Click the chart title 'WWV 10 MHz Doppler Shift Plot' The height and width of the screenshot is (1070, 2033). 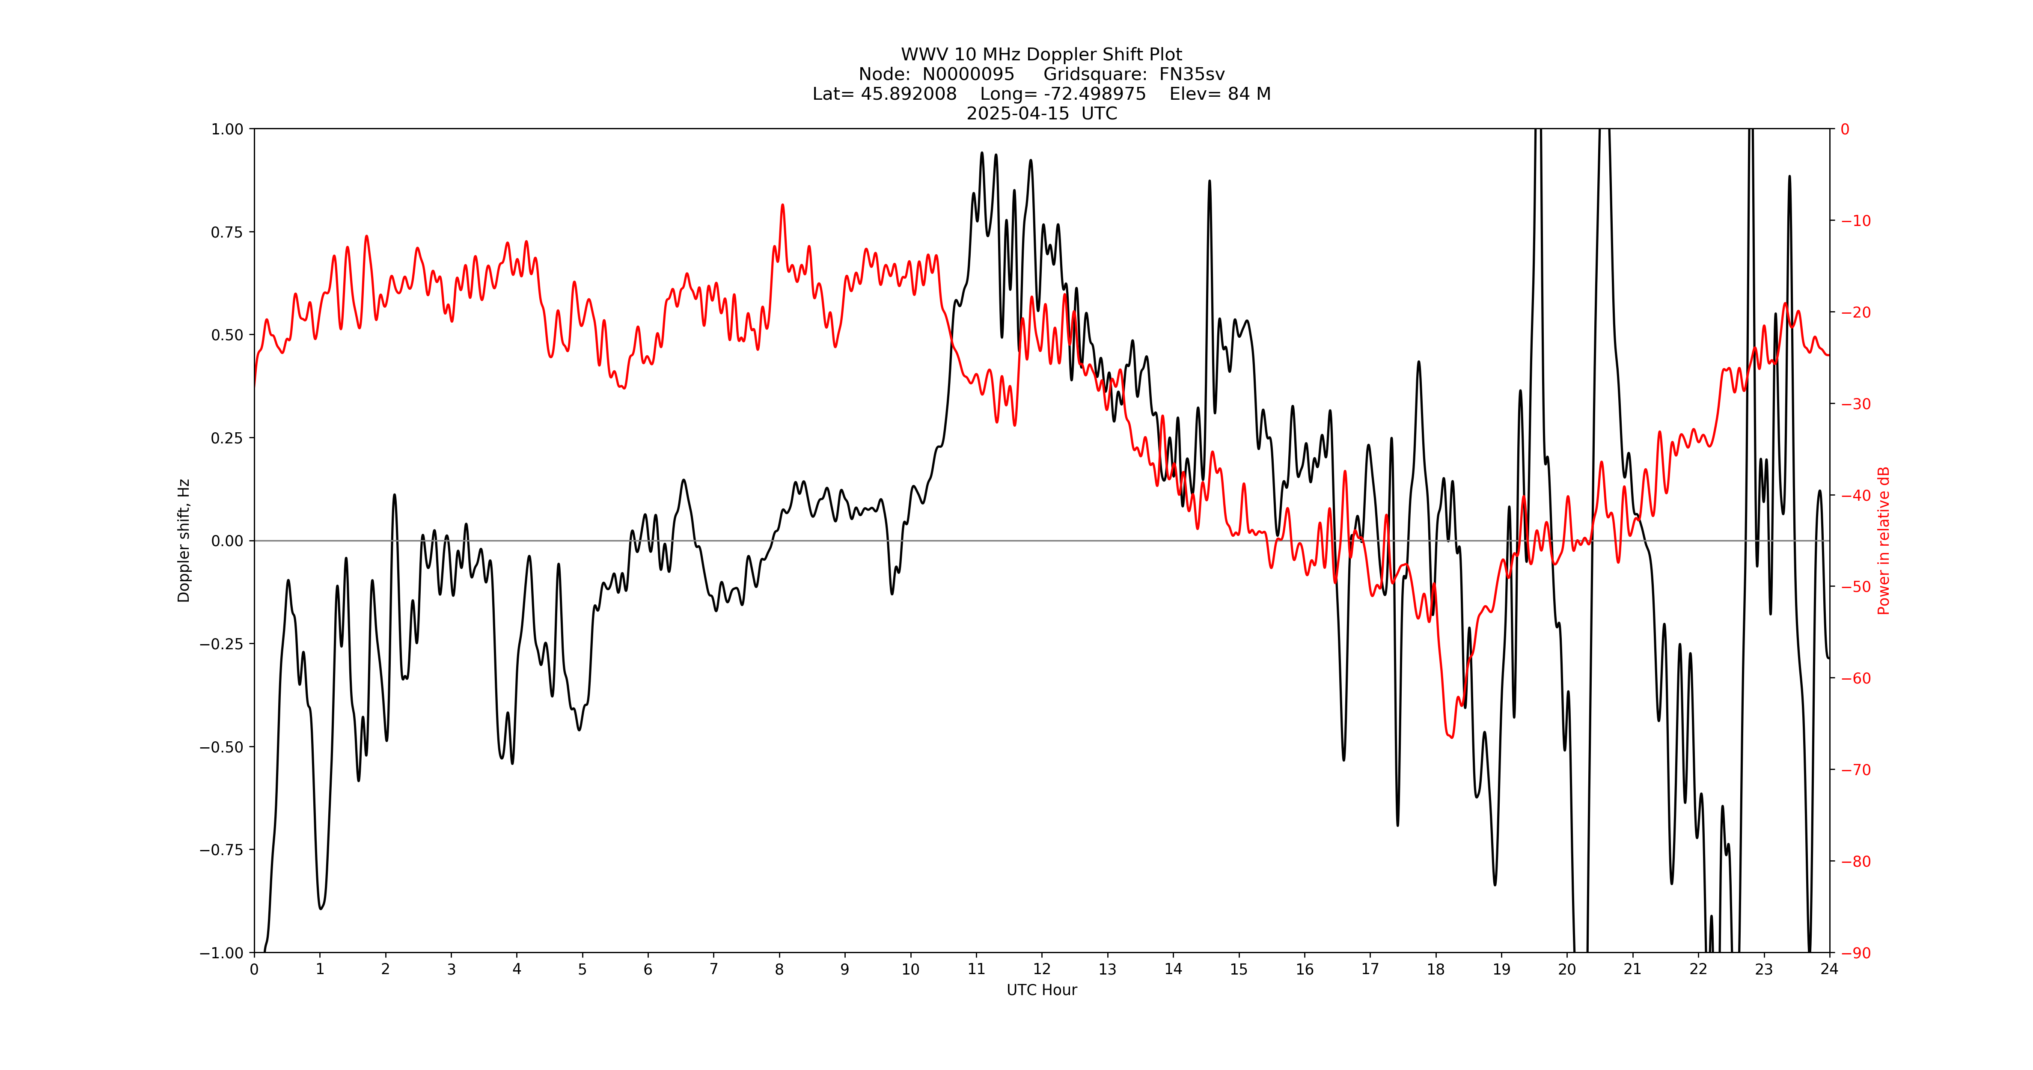pos(1041,54)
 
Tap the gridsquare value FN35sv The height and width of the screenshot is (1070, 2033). pos(1192,74)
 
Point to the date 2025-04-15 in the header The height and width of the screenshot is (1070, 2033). pos(1017,113)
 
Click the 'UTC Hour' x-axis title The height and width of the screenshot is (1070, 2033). pos(1041,990)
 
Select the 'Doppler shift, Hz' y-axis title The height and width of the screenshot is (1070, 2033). pos(184,541)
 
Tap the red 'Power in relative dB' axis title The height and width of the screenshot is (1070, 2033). pos(1884,541)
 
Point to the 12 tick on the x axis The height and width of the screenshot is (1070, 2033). pos(1042,969)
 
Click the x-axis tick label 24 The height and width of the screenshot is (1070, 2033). pos(1828,969)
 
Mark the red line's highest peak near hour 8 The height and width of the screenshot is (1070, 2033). pos(782,205)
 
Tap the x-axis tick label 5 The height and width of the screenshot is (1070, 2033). pos(583,969)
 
